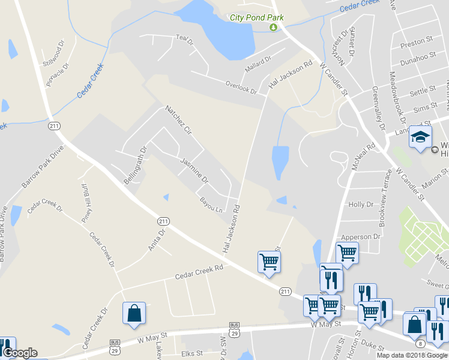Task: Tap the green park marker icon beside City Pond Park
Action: click(x=275, y=27)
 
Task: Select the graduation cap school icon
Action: click(x=420, y=137)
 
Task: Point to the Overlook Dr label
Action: click(x=241, y=87)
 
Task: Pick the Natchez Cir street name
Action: click(x=178, y=120)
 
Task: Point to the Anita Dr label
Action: click(x=156, y=240)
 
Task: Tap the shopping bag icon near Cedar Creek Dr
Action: click(x=134, y=313)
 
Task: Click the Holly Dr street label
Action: click(x=361, y=205)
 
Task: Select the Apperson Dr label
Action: click(x=361, y=237)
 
